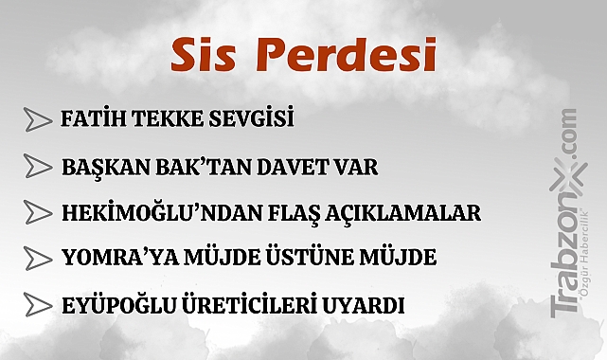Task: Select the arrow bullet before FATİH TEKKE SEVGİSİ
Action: coord(37,120)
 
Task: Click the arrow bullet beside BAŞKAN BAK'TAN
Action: coord(37,168)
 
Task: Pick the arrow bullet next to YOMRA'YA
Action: coord(37,259)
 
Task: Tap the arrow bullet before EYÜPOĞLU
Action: coord(37,305)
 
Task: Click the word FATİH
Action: coord(89,120)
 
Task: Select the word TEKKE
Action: coord(160,120)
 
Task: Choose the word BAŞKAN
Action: coord(98,168)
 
